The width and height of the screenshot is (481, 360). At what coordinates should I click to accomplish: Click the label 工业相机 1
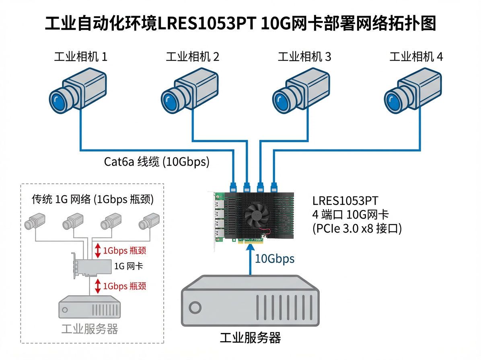point(81,57)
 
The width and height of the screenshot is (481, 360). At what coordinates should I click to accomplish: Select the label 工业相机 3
point(304,57)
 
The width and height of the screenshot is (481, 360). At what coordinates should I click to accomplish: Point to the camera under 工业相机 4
point(412,91)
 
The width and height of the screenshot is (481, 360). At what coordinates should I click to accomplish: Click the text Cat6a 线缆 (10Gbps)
point(157,162)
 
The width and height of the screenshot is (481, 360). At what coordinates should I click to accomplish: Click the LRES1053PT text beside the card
point(345,200)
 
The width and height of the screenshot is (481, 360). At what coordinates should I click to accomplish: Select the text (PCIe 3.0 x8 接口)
point(357,229)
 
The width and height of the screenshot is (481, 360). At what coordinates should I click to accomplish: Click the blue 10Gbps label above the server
point(275,259)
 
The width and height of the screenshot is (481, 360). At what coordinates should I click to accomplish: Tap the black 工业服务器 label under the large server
point(250,337)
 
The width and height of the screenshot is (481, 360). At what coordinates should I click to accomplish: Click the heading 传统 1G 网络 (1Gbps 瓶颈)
point(93,200)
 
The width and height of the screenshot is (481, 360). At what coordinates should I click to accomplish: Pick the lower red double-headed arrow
point(97,286)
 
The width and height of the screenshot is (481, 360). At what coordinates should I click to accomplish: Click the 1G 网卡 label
point(129,266)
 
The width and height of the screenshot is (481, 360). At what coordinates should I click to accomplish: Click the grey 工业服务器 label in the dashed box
point(90,329)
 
